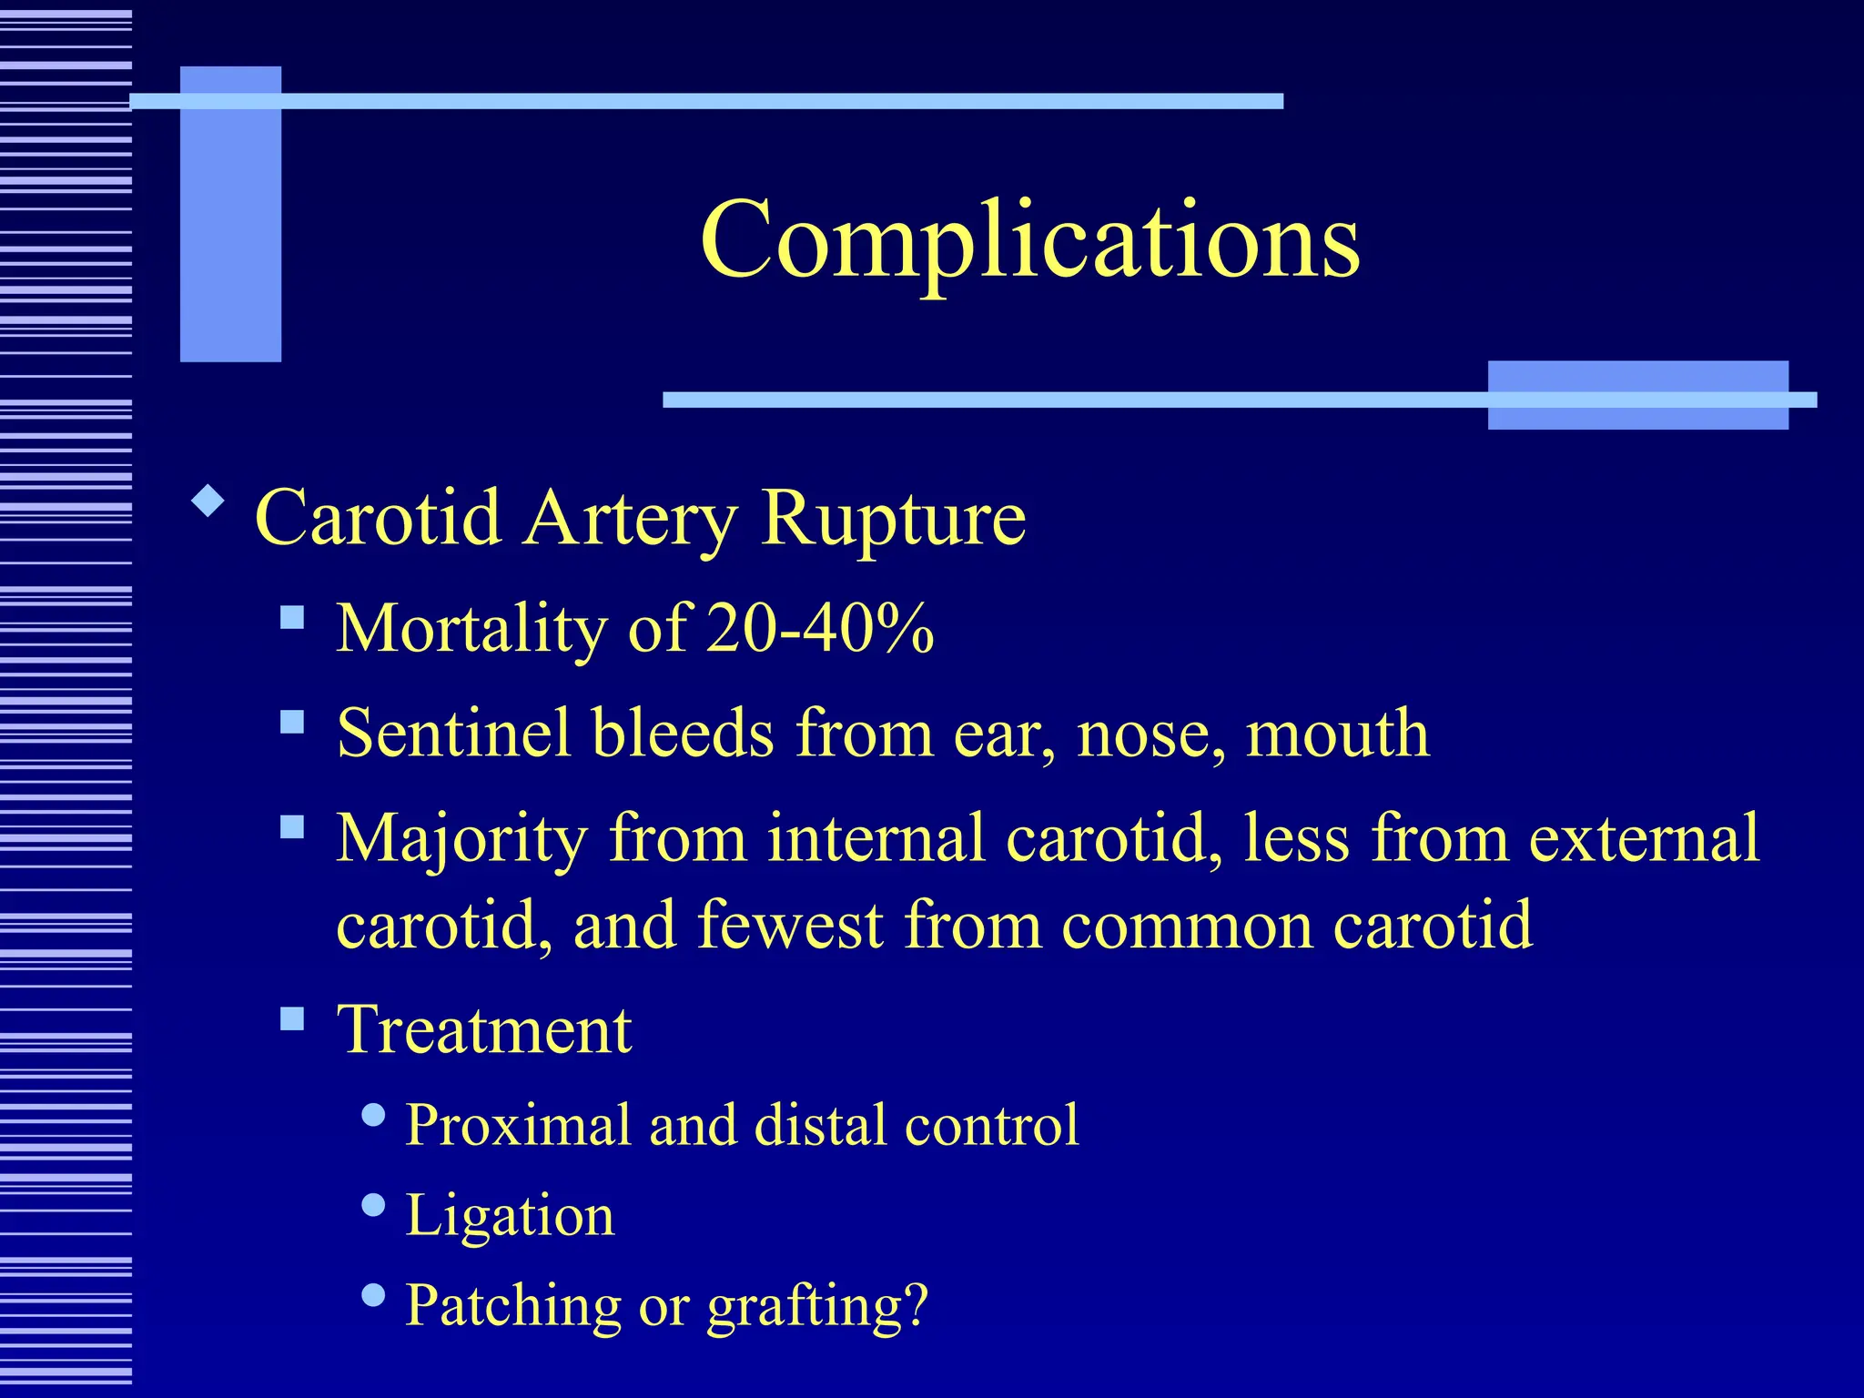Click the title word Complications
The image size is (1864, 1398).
click(x=1029, y=240)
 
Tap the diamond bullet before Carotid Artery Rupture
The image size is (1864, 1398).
click(x=208, y=501)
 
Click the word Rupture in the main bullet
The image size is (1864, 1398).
click(x=894, y=519)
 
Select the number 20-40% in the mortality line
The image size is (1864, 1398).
click(x=820, y=628)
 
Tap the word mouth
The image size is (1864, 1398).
click(x=1337, y=734)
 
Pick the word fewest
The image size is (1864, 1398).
click(x=791, y=925)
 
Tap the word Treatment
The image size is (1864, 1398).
click(x=484, y=1030)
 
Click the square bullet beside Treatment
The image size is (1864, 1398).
click(x=292, y=1018)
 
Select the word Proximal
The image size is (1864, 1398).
click(x=517, y=1125)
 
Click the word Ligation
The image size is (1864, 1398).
click(x=510, y=1215)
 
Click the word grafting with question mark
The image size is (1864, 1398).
click(x=817, y=1306)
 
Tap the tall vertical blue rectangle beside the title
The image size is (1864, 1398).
click(x=230, y=214)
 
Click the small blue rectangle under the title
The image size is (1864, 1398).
click(x=1637, y=395)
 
